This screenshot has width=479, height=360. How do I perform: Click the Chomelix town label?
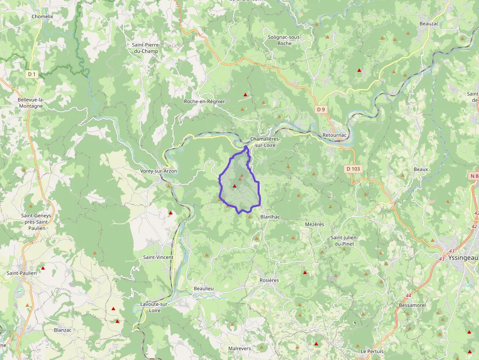click(42, 16)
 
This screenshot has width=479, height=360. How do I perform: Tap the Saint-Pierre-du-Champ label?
click(146, 48)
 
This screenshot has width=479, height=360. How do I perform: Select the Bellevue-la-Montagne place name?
click(30, 103)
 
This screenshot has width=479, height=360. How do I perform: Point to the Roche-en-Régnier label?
click(204, 102)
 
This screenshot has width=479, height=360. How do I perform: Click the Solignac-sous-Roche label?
click(284, 40)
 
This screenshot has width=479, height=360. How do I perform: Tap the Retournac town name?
click(334, 135)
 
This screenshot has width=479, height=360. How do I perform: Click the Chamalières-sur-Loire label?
click(265, 142)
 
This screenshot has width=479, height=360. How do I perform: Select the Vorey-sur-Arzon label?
click(158, 171)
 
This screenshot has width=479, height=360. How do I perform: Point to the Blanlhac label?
click(270, 217)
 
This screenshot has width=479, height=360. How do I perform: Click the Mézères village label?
click(314, 224)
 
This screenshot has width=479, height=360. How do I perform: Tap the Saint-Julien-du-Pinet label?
click(345, 241)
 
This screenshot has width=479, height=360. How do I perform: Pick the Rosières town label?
click(269, 280)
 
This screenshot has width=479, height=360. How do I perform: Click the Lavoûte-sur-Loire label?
click(154, 307)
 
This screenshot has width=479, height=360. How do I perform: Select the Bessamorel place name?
click(412, 305)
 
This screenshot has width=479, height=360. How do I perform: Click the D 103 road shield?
click(353, 169)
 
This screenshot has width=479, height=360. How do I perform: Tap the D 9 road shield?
click(321, 109)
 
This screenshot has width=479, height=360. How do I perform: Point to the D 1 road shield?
click(32, 74)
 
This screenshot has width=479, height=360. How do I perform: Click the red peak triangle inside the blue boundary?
click(235, 186)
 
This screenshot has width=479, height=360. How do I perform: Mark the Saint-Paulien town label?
click(22, 273)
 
